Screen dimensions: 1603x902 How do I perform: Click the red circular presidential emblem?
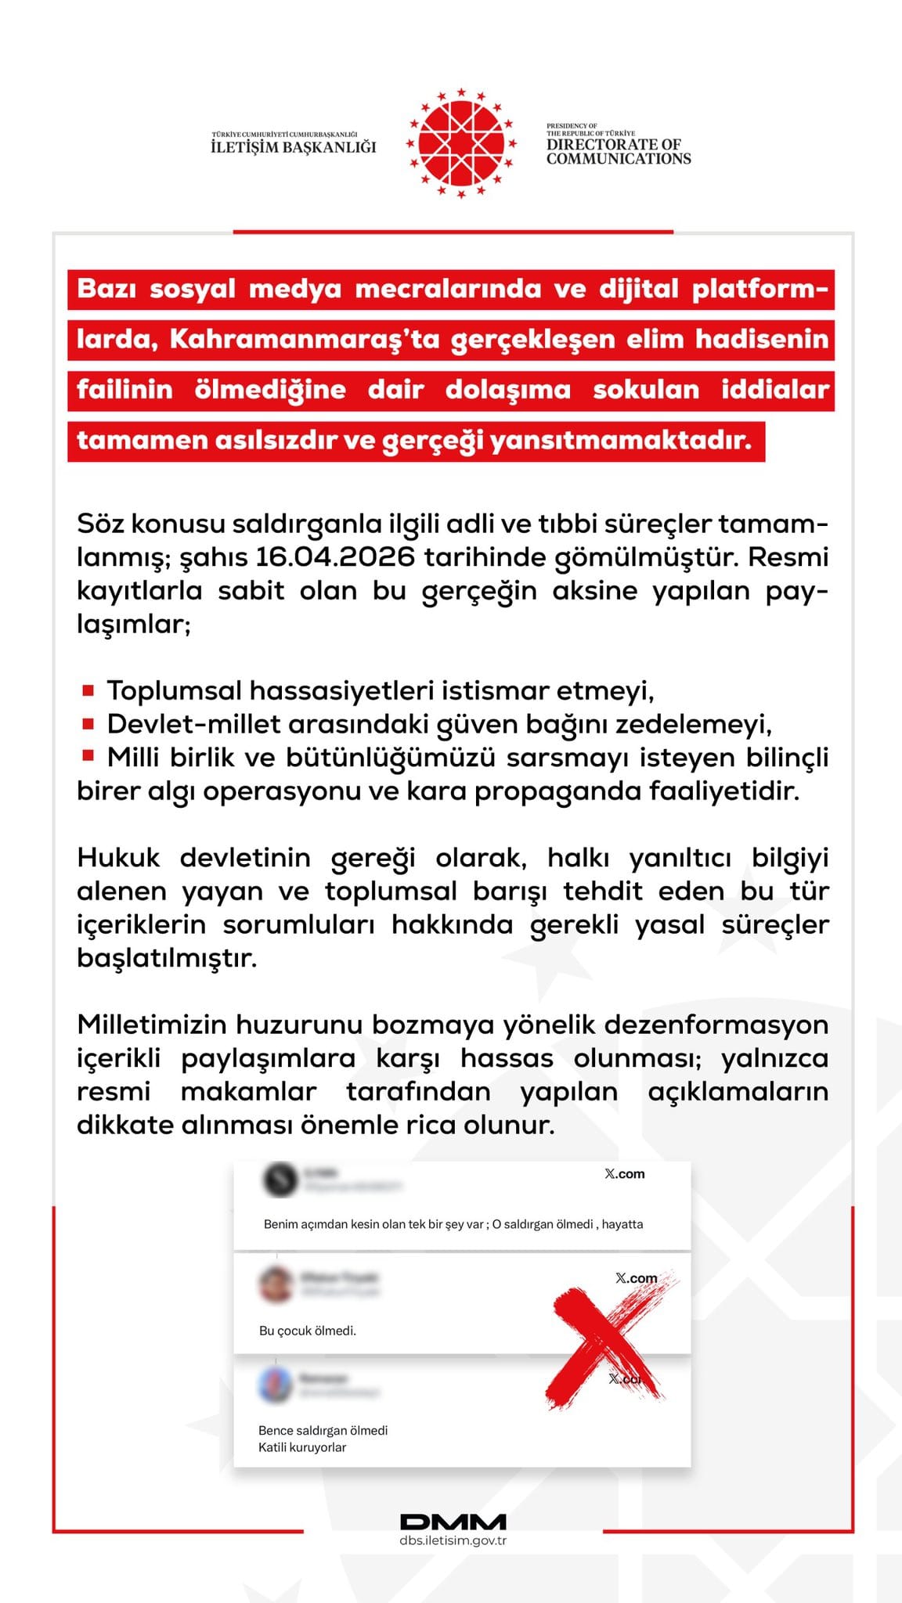pos(460,143)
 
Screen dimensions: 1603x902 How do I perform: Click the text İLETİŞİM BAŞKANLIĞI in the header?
pos(294,147)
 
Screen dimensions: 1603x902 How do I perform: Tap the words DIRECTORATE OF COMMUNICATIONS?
pos(618,151)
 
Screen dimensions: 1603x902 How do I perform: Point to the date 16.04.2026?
pos(335,557)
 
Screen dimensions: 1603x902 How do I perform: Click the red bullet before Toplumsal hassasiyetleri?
pos(88,690)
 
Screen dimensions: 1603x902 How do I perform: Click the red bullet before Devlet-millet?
pos(88,723)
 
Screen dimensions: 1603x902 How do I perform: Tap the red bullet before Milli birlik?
pos(88,756)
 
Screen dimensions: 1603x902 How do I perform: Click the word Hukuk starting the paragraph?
pos(118,858)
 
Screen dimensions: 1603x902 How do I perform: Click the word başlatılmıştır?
pos(167,958)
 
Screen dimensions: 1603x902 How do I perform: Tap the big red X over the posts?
pos(607,1341)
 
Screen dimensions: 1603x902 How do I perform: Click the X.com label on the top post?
pos(625,1174)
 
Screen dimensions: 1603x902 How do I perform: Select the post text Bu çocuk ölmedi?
pos(308,1331)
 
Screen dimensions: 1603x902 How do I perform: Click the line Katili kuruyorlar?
pos(302,1447)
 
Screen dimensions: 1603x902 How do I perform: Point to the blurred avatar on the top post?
pos(280,1180)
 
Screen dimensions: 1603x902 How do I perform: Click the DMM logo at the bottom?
pos(453,1522)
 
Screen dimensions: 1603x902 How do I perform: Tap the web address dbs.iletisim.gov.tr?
pos(453,1540)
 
